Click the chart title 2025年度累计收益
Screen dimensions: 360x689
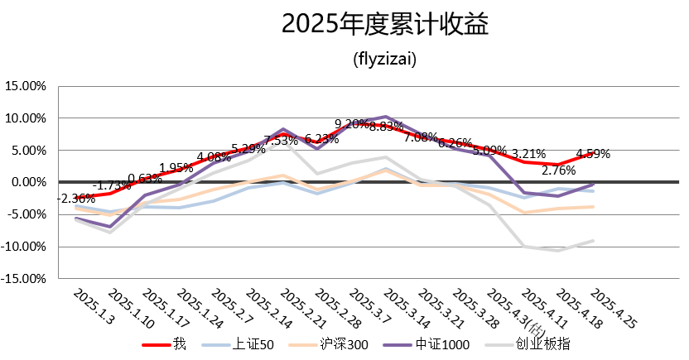(x=385, y=25)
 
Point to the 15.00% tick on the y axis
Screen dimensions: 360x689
(x=29, y=86)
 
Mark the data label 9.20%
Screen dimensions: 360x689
(x=352, y=124)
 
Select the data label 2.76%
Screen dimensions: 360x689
(x=559, y=171)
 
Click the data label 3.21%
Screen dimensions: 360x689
(x=528, y=154)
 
